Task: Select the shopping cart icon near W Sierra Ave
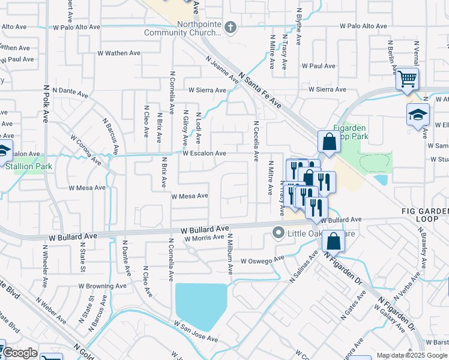pos(407,79)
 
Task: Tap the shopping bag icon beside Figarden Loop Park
pos(329,143)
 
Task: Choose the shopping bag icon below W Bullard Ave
pos(333,241)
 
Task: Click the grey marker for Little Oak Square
pos(278,232)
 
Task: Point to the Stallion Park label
pos(29,166)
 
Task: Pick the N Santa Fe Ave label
pos(260,91)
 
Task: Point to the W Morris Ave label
pos(204,238)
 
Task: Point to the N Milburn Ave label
pos(229,254)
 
